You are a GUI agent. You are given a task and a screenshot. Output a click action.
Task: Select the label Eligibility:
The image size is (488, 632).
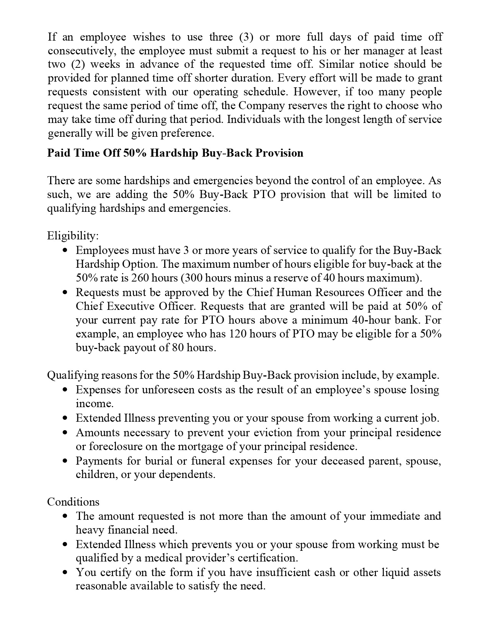point(73,236)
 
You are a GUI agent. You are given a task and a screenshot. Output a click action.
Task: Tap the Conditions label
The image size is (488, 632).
point(73,502)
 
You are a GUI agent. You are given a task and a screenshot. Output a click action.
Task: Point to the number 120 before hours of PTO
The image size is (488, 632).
point(237,334)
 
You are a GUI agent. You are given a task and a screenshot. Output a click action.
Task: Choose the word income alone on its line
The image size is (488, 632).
point(94,404)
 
